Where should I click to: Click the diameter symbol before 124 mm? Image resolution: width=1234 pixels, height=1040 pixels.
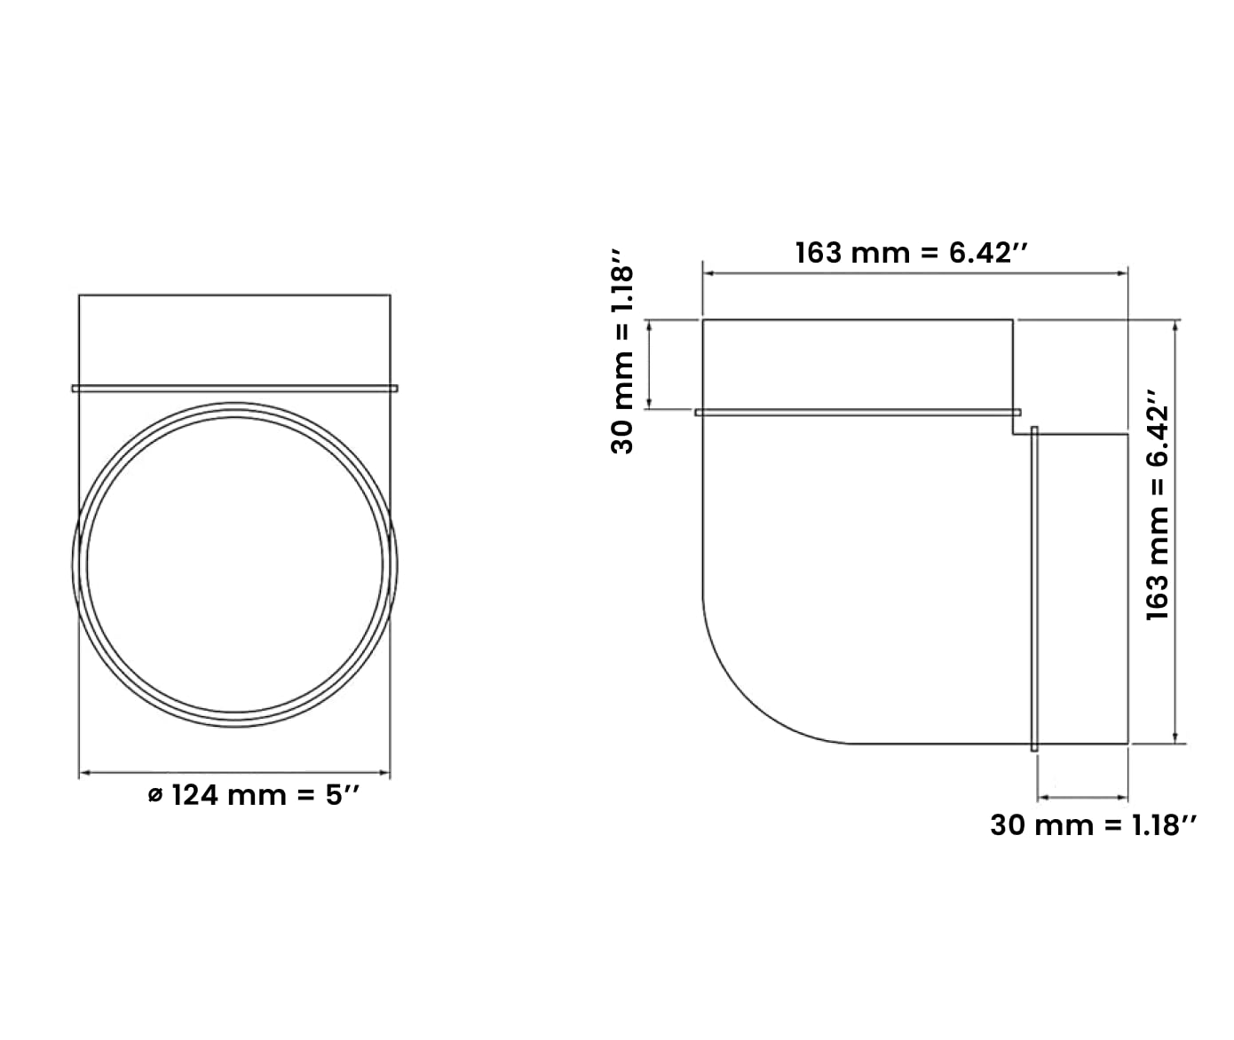click(154, 796)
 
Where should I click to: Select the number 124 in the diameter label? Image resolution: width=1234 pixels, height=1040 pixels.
click(195, 795)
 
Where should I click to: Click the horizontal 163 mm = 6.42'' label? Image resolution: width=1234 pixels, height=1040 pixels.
click(912, 253)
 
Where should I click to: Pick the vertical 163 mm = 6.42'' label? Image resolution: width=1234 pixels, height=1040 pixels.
click(1158, 505)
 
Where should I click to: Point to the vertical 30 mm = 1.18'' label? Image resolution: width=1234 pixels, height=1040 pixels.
click(621, 360)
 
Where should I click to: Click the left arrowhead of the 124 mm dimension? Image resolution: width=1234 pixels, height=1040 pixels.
click(84, 772)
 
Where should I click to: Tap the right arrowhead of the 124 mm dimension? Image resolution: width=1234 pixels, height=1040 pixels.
click(384, 772)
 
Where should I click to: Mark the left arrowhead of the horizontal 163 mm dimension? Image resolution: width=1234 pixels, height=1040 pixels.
click(708, 273)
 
